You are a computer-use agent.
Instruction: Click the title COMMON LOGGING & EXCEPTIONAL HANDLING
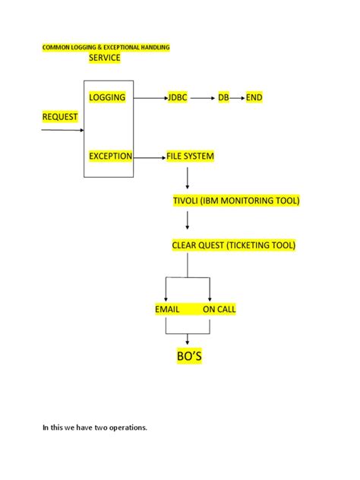(106, 47)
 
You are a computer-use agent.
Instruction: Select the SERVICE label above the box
(105, 58)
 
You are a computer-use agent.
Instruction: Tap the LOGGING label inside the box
(107, 98)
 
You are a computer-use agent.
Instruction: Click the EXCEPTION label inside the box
(110, 156)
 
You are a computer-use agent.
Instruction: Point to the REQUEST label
(60, 116)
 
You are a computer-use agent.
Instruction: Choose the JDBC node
(177, 98)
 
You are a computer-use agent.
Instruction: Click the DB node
(223, 98)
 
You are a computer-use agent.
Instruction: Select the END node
(254, 98)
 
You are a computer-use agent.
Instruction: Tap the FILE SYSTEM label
(190, 156)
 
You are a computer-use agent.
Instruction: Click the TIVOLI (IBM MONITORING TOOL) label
(236, 201)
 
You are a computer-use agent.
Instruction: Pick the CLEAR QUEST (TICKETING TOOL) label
(234, 245)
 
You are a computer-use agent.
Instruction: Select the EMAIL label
(167, 310)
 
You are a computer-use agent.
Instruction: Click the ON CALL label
(219, 310)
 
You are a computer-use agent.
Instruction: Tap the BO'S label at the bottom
(189, 356)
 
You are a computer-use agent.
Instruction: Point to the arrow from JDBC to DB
(202, 98)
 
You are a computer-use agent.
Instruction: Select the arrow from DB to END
(237, 98)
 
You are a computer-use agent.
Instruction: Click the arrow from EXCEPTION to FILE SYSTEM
(150, 156)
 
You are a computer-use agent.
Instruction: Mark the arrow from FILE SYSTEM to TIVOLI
(188, 178)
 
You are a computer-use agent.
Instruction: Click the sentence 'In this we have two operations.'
(94, 428)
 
